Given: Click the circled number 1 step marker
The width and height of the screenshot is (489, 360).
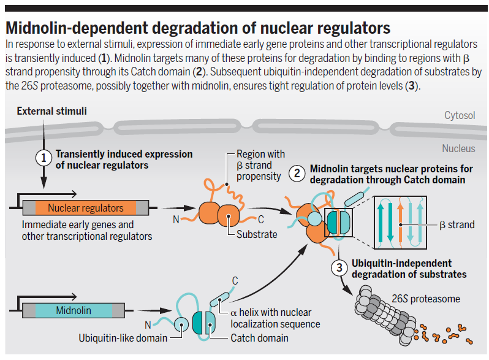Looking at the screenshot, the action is pyautogui.click(x=44, y=158).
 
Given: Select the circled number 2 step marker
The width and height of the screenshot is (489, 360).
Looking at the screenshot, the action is pyautogui.click(x=297, y=174).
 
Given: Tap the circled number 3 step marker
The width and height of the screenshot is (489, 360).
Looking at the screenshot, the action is pyautogui.click(x=339, y=267).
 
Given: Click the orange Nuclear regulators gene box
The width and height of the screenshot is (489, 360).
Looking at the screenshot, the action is pyautogui.click(x=86, y=208).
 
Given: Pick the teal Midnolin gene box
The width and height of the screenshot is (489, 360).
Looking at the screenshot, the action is pyautogui.click(x=74, y=310).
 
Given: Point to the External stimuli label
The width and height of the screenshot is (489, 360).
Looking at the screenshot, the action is pyautogui.click(x=51, y=111).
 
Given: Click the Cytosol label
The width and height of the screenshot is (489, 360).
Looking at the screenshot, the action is pyautogui.click(x=460, y=115).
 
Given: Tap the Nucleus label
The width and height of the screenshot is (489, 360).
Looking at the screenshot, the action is pyautogui.click(x=458, y=148).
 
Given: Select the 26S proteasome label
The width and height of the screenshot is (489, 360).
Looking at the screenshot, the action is pyautogui.click(x=426, y=299).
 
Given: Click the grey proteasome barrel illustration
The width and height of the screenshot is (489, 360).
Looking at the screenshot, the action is pyautogui.click(x=385, y=315).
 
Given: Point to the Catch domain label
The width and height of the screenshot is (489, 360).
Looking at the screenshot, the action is pyautogui.click(x=259, y=338).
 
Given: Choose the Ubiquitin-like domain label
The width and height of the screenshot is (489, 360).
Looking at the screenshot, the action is pyautogui.click(x=123, y=338).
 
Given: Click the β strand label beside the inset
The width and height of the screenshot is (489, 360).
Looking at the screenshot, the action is pyautogui.click(x=457, y=225).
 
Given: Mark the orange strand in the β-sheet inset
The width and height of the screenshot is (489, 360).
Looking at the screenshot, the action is pyautogui.click(x=401, y=223).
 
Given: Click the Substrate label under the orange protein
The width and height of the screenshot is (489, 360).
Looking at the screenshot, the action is pyautogui.click(x=257, y=234).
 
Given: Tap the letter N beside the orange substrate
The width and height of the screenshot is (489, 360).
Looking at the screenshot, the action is pyautogui.click(x=176, y=220).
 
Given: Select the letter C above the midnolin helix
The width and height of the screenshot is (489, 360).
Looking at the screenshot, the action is pyautogui.click(x=235, y=281).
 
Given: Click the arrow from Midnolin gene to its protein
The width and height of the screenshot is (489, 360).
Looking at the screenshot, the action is pyautogui.click(x=154, y=310).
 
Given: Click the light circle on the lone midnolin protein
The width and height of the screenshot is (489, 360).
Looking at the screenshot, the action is pyautogui.click(x=181, y=324).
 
